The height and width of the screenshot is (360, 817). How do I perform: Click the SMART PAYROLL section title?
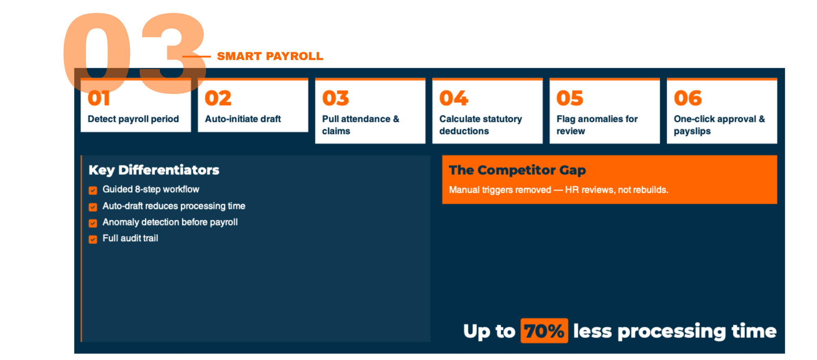(270, 56)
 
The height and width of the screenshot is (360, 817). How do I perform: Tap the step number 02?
(218, 98)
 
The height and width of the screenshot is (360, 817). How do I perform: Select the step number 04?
(453, 98)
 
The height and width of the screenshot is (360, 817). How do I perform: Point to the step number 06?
(688, 98)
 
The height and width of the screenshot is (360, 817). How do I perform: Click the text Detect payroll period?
(133, 119)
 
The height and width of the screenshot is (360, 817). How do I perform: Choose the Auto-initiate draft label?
(243, 119)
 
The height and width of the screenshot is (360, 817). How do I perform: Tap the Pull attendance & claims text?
(361, 125)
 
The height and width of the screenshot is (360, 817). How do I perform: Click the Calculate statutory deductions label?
(481, 125)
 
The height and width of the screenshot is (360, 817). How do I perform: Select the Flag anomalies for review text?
(597, 125)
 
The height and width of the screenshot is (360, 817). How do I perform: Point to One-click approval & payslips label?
(719, 125)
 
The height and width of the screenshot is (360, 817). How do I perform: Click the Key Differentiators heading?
(154, 170)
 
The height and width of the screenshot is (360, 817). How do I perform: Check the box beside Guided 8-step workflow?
(93, 190)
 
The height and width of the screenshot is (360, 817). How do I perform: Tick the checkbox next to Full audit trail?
(93, 239)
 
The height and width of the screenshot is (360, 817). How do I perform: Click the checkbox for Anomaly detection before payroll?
(93, 223)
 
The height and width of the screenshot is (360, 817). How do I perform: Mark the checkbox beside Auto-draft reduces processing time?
(93, 207)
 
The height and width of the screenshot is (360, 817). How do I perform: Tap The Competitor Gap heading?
(517, 170)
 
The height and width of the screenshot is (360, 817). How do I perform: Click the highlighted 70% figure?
(544, 331)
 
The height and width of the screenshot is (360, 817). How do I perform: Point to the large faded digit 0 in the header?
(97, 53)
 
